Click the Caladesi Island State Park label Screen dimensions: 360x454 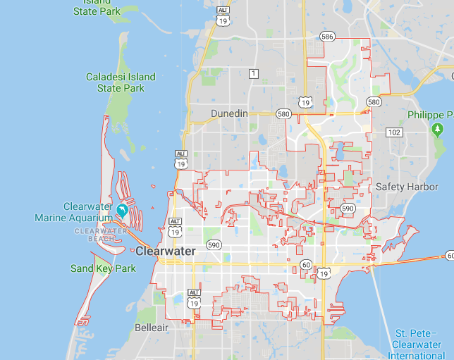tap(115, 82)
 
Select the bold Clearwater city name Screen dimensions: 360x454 tap(166, 251)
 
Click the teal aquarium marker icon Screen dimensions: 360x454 tap(123, 210)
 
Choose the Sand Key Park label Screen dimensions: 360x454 tap(103, 268)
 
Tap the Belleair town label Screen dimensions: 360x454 tap(152, 328)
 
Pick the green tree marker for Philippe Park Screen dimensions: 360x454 tap(437, 129)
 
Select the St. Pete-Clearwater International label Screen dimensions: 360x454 tap(420, 345)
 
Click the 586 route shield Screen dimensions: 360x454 tap(327, 35)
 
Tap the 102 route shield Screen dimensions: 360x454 tap(394, 132)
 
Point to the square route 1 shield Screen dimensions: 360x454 tap(254, 73)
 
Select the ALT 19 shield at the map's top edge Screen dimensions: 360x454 tap(223, 15)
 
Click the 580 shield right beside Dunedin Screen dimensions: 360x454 tap(283, 113)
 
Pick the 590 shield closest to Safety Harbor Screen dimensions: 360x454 tap(348, 209)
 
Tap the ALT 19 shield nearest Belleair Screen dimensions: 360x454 tap(193, 298)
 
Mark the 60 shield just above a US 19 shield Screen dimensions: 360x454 tap(305, 263)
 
